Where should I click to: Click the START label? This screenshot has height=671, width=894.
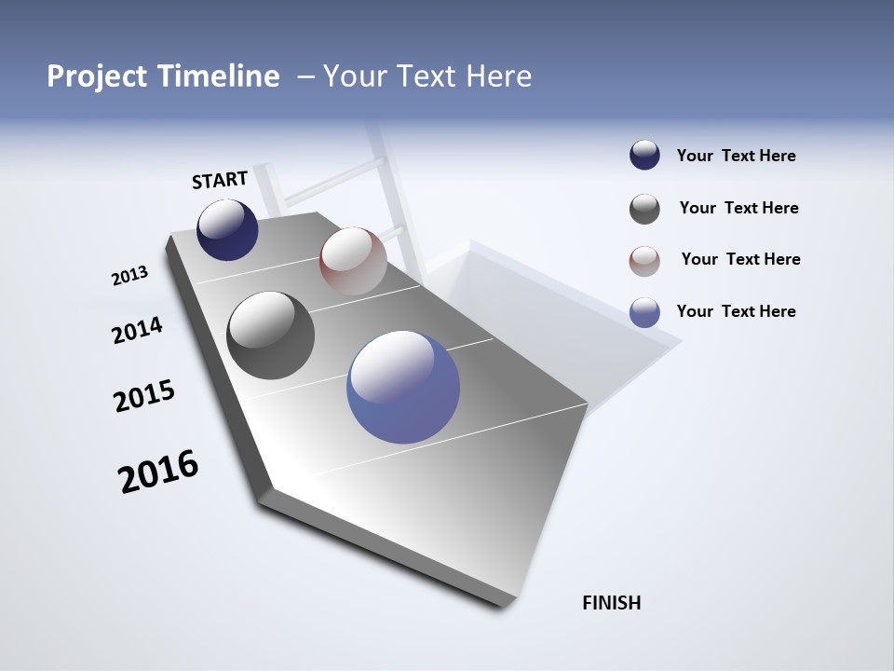tap(220, 179)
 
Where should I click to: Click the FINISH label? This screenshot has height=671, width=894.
tap(611, 603)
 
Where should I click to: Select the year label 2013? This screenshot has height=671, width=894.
tap(129, 276)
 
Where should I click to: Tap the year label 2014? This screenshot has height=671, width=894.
tap(137, 330)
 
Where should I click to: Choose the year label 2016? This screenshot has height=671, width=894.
tap(158, 471)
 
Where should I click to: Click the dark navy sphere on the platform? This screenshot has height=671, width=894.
tap(227, 230)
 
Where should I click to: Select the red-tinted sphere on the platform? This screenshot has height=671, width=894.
tap(353, 261)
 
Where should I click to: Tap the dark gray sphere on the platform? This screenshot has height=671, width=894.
tap(270, 335)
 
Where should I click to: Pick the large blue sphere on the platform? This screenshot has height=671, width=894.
tap(403, 387)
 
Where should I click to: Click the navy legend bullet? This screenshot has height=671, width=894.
tap(644, 156)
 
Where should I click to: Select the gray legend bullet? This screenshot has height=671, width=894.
tap(644, 209)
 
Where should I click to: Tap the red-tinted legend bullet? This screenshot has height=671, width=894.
tap(644, 261)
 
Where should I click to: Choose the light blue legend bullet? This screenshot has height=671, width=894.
tap(644, 312)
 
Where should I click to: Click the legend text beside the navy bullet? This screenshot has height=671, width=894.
tap(736, 157)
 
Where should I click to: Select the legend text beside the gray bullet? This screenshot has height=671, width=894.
tap(738, 208)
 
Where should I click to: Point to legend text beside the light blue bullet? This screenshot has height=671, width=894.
tap(736, 311)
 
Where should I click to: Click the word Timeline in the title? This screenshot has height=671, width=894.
tap(215, 76)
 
